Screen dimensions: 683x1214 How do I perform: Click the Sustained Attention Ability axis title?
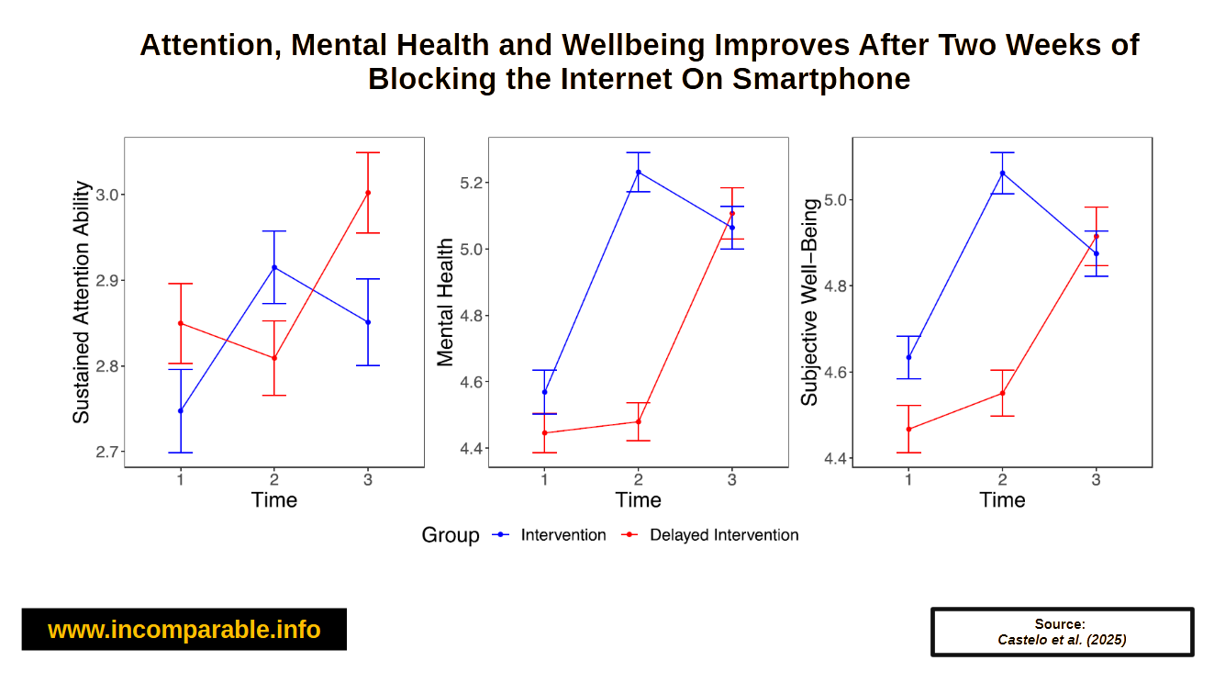point(82,302)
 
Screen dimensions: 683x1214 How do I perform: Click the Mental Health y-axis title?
point(445,302)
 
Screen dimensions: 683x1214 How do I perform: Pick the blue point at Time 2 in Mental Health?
point(639,173)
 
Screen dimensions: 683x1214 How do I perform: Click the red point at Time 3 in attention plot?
point(368,193)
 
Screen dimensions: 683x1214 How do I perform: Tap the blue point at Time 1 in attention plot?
point(181,410)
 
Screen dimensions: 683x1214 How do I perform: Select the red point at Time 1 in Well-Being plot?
point(908,429)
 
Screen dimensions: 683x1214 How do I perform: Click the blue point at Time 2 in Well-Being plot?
point(1002,173)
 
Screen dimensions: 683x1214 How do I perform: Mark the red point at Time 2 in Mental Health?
point(639,421)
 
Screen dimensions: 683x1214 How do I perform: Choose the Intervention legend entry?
point(562,535)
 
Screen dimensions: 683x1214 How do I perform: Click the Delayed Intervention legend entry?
point(723,535)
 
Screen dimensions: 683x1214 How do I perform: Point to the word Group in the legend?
point(450,535)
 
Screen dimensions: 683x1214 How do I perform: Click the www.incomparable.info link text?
point(184,630)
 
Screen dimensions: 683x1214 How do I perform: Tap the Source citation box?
point(1062,632)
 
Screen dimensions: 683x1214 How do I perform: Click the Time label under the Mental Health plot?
point(639,500)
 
